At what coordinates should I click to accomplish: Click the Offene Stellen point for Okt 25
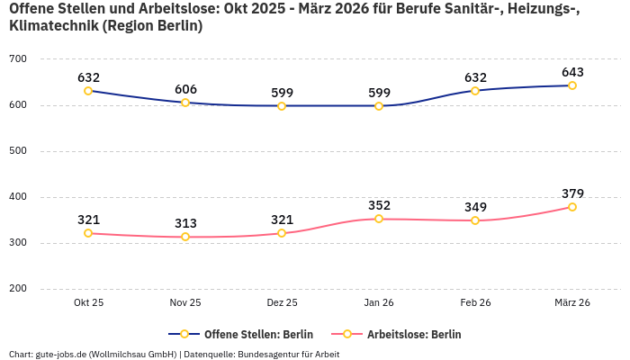(x=88, y=91)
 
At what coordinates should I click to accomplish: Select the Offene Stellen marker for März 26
(x=572, y=85)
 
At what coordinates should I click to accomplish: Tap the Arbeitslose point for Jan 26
(x=379, y=219)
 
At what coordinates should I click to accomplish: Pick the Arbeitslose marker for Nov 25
(x=185, y=237)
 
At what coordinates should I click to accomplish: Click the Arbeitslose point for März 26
(x=572, y=207)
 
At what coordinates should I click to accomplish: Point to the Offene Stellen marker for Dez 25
(x=282, y=106)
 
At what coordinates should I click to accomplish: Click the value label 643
(x=572, y=71)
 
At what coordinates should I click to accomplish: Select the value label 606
(x=185, y=88)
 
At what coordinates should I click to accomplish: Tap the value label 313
(x=185, y=223)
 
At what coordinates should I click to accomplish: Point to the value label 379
(x=572, y=193)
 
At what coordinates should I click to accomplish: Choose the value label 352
(x=379, y=205)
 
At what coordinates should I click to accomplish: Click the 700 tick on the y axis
(x=18, y=59)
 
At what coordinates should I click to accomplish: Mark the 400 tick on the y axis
(x=18, y=197)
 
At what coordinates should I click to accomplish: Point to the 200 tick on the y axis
(x=18, y=289)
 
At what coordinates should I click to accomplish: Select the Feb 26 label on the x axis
(x=475, y=303)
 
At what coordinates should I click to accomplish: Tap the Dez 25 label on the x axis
(x=282, y=303)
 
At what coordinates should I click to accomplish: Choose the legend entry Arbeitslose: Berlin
(x=414, y=334)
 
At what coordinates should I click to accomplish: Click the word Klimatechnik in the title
(x=52, y=26)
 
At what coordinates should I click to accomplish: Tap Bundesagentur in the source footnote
(x=271, y=354)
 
